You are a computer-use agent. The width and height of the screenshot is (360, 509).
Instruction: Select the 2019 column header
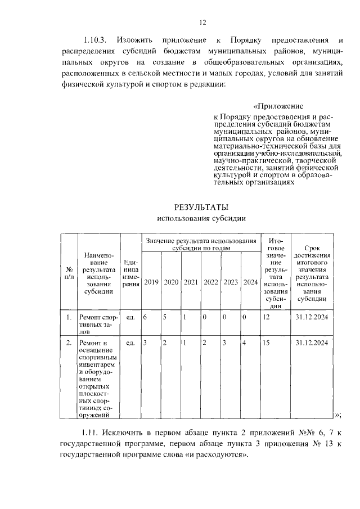(151, 282)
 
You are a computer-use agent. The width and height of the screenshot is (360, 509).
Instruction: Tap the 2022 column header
(210, 282)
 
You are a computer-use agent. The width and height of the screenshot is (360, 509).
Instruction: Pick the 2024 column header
(250, 282)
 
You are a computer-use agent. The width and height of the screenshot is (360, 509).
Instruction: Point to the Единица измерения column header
(131, 273)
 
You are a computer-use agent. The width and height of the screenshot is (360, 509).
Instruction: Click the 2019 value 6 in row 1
(145, 317)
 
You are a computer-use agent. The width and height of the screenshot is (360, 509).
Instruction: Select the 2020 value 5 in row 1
(165, 317)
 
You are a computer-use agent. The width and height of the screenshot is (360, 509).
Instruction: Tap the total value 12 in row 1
(267, 317)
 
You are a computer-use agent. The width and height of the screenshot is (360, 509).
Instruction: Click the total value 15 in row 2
(267, 343)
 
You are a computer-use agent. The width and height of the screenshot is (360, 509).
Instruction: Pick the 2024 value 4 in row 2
(244, 343)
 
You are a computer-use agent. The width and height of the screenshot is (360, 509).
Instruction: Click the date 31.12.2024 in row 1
(312, 317)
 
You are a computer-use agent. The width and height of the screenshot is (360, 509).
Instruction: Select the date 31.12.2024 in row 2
(312, 343)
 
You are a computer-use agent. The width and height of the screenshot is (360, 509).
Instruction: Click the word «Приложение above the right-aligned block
(278, 106)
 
